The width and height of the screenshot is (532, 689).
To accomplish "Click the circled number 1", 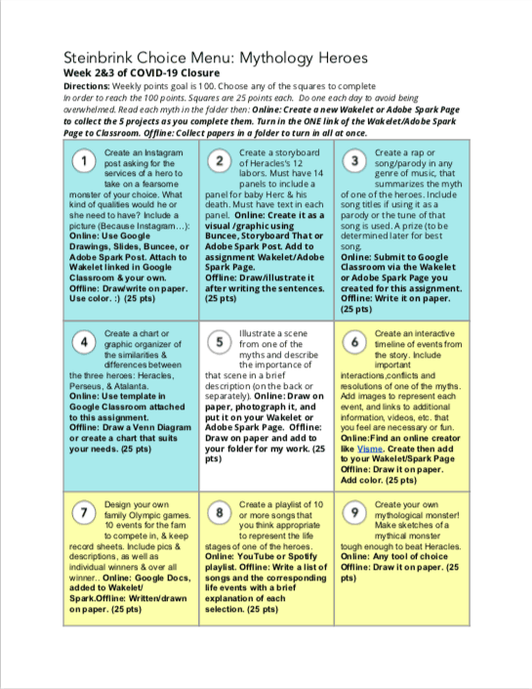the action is click(86, 161).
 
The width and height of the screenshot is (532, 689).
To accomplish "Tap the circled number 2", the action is click(222, 161).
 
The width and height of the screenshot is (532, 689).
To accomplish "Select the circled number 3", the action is click(356, 161).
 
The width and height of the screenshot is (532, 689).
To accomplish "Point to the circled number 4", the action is click(86, 342).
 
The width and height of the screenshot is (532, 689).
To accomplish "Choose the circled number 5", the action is click(222, 342).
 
